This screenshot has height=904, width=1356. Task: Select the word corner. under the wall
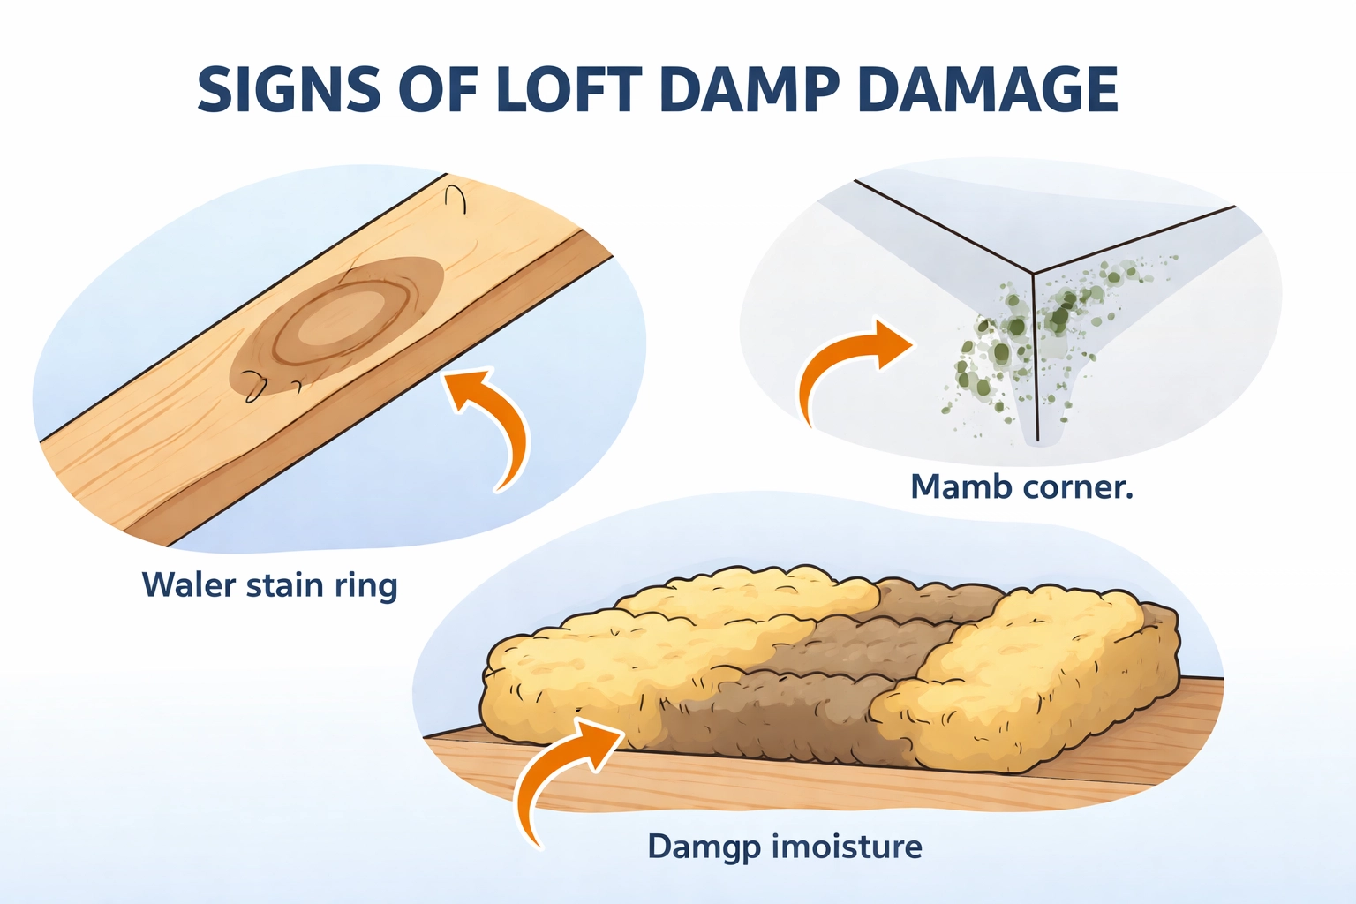pos(1077,486)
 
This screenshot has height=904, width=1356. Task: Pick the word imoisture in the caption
pos(847,847)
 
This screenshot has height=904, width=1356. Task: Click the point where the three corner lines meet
pos(1035,271)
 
